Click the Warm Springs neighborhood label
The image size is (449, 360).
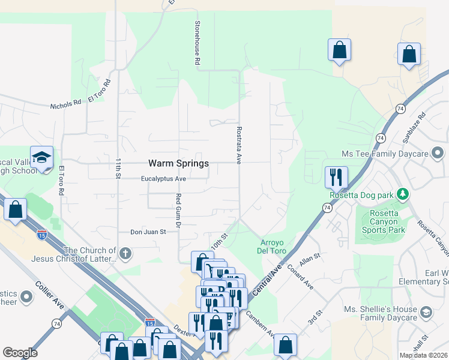178,163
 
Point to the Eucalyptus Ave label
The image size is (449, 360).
164,179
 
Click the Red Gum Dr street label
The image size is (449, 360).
178,210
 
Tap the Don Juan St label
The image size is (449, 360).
148,232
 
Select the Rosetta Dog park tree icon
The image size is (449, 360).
404,194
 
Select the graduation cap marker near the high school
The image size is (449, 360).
41,157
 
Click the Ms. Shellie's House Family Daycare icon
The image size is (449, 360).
426,312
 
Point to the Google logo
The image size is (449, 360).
20,352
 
